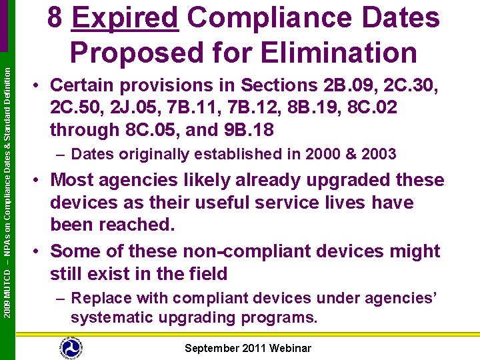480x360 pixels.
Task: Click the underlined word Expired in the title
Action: coord(125,19)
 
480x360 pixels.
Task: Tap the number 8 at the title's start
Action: coord(55,19)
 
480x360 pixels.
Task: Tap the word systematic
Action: coord(116,318)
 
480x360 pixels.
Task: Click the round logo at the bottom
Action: coord(70,347)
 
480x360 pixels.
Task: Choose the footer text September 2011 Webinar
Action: coord(247,348)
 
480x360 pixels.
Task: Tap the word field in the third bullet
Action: coord(206,274)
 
